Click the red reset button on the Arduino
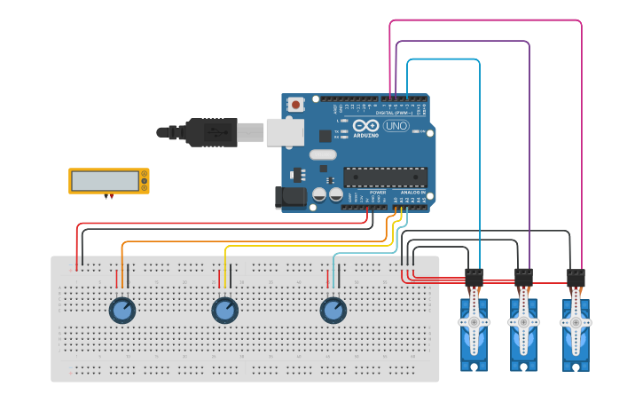coord(295,104)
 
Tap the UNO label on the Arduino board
coord(396,127)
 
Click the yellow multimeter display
coord(108,181)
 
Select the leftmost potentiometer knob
coord(122,311)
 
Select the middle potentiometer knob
coord(225,311)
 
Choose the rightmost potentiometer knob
coord(333,311)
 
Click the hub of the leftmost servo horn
coord(474,321)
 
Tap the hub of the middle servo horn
coord(523,321)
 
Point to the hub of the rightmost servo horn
coord(576,321)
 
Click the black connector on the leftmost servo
coord(474,278)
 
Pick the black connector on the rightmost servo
coord(576,278)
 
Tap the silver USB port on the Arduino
coord(285,132)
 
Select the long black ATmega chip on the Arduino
coord(385,177)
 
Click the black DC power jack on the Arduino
coord(290,197)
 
